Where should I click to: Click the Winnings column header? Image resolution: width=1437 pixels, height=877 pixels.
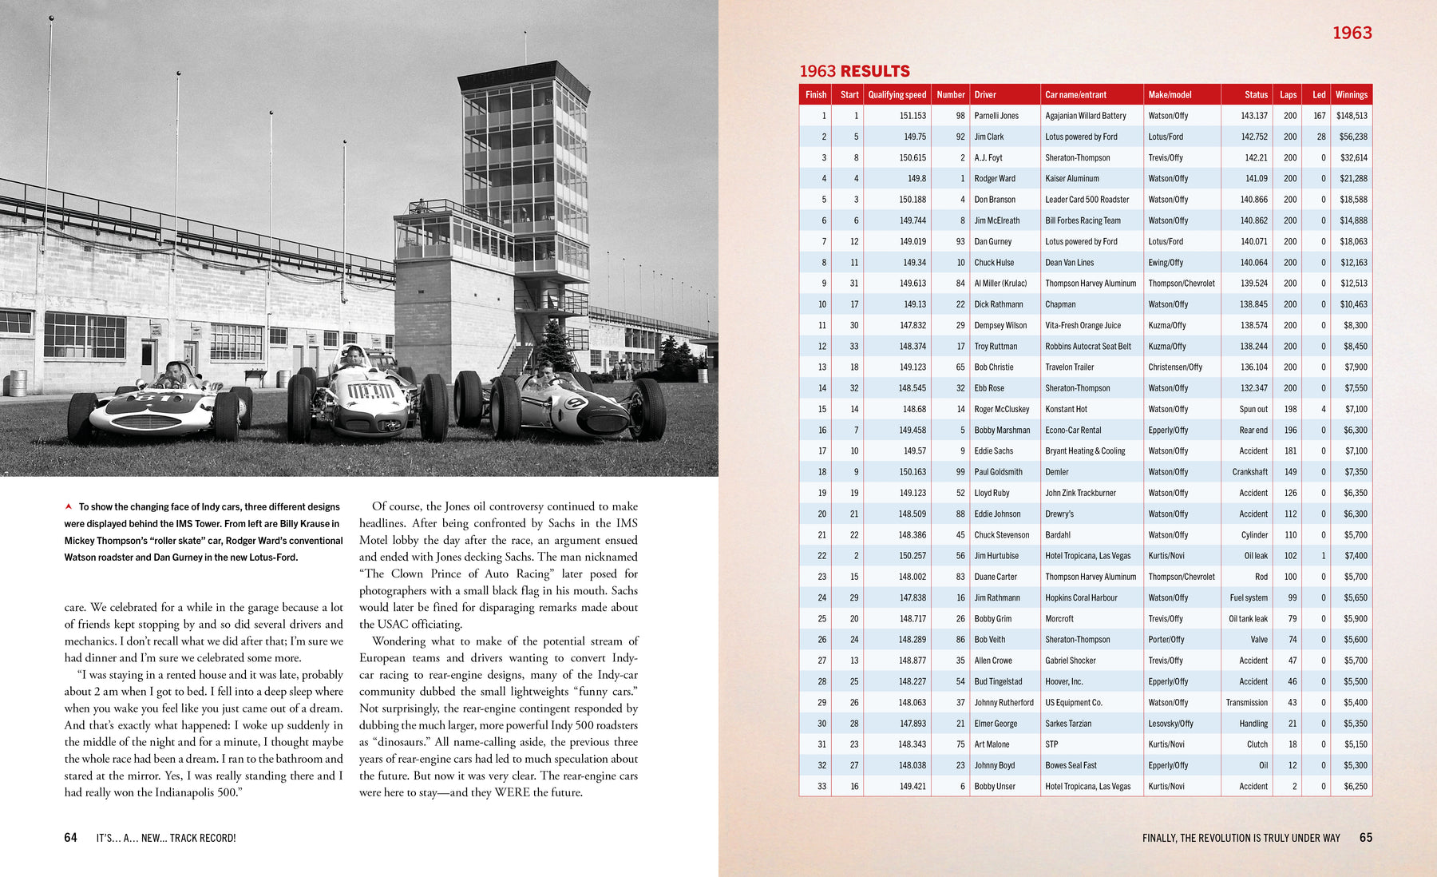tap(1351, 94)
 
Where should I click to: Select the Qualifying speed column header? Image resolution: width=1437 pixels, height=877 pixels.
tap(897, 94)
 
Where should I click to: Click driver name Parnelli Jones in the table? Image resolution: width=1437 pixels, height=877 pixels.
tap(996, 116)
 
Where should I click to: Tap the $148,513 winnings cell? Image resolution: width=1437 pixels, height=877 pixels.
tap(1351, 116)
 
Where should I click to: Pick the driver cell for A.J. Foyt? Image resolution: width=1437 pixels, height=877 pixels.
tap(988, 158)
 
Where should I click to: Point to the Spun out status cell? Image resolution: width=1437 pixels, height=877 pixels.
tap(1253, 409)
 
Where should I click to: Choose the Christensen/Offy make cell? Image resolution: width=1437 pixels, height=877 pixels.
tap(1174, 367)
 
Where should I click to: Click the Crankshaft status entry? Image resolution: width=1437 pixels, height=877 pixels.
tap(1249, 472)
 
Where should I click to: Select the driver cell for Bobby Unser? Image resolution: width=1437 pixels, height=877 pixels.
tap(994, 787)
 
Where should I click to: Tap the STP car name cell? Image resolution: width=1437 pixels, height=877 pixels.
tap(1051, 744)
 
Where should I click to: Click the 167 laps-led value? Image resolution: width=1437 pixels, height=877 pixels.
tap(1319, 116)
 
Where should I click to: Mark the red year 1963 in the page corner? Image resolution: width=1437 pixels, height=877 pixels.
tap(1352, 33)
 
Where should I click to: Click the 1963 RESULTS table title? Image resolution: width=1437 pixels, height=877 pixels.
tap(854, 71)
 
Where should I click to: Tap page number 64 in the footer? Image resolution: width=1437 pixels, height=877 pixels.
tap(70, 837)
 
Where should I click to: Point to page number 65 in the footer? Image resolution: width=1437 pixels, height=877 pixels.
tap(1365, 837)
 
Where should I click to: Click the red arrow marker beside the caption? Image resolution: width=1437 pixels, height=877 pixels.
tap(69, 506)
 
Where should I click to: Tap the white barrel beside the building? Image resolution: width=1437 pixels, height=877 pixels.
tap(18, 383)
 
